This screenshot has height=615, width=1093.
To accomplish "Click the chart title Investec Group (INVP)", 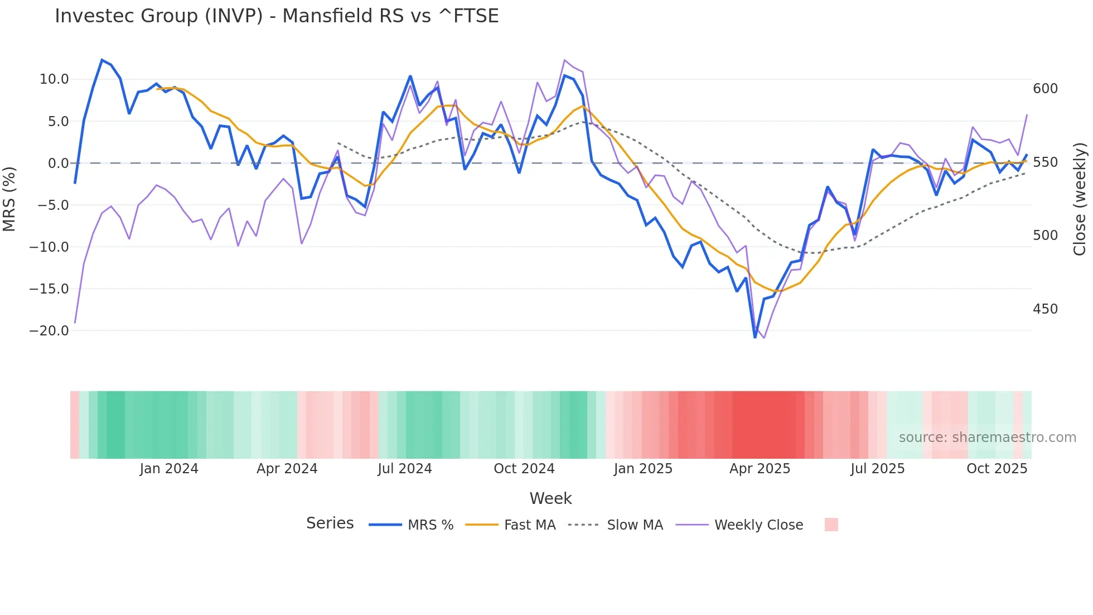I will tap(277, 16).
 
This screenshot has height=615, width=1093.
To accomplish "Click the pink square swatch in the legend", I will tap(831, 525).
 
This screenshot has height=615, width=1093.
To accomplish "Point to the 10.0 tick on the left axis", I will tap(54, 79).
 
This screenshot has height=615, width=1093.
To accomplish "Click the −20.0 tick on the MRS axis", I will tap(49, 330).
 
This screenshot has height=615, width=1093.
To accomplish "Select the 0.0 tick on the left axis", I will tap(58, 164).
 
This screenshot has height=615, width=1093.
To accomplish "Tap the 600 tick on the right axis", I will tap(1045, 89).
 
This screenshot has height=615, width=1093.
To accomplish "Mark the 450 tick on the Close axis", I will tap(1045, 309).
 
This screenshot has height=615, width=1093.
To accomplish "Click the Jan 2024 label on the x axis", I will tap(169, 469).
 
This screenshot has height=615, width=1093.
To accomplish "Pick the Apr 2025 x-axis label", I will tap(760, 469).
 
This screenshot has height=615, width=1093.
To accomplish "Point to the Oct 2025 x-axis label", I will tap(997, 469).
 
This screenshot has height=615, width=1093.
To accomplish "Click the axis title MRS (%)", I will tap(9, 199).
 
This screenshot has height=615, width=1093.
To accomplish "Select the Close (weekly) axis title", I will tap(1080, 199).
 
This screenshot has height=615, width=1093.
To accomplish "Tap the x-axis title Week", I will tap(550, 498).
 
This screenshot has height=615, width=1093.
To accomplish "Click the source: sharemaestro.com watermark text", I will tap(987, 438).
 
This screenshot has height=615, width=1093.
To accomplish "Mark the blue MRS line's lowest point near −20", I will tap(755, 337).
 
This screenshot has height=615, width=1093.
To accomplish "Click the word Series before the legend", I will tap(330, 523).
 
